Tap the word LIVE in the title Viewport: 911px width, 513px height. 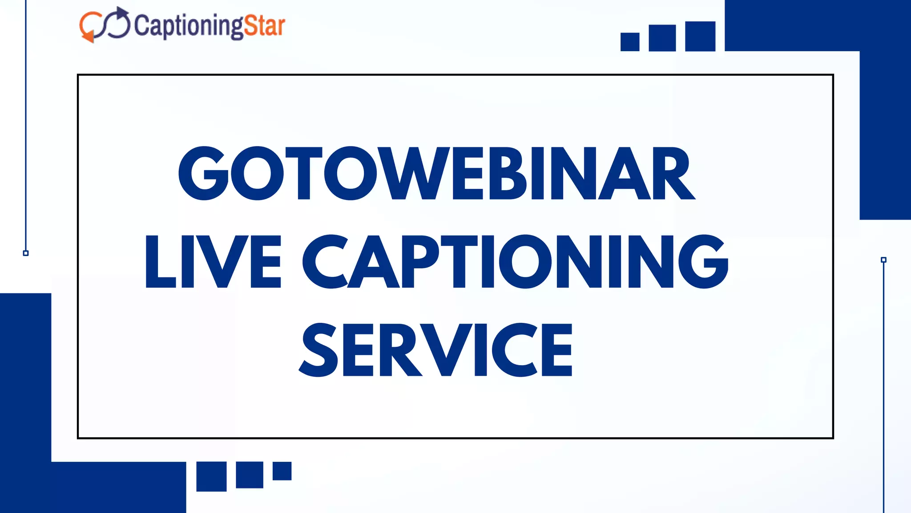click(213, 261)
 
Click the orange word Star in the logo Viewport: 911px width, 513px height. click(264, 26)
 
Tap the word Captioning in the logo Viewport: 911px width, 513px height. click(189, 26)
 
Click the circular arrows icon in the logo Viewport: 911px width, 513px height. click(105, 25)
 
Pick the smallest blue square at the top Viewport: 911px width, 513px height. click(630, 42)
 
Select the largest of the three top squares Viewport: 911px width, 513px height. click(700, 37)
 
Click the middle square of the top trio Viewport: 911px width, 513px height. click(662, 38)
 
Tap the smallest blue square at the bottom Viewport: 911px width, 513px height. click(282, 471)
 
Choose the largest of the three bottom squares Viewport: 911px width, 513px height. click(212, 476)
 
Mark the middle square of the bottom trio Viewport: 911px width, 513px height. click(250, 475)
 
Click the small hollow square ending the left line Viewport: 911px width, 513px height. click(26, 253)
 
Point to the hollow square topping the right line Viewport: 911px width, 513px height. click(884, 260)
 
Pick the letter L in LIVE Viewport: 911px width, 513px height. click(159, 261)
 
